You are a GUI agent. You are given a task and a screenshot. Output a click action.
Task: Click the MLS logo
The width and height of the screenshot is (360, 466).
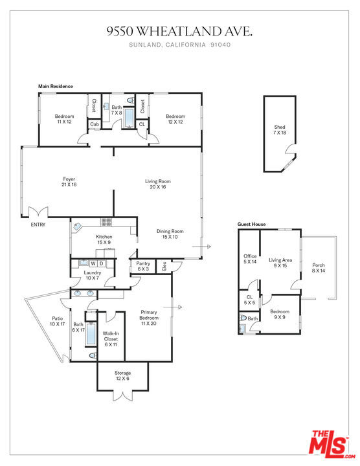tap(332, 445)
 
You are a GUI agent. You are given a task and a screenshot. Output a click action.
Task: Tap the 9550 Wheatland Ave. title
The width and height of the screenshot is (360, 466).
tap(179, 31)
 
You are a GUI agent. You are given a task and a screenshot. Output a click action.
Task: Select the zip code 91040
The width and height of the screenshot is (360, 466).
tap(220, 45)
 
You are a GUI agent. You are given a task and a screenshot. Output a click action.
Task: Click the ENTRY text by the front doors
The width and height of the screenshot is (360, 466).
tap(38, 225)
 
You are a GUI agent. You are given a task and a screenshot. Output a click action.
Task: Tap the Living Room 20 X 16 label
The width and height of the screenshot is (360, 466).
tap(158, 184)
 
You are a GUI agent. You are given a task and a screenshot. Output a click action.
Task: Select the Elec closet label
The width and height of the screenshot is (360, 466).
tap(164, 266)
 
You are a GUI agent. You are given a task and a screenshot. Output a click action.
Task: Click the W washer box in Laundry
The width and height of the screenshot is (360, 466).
tap(93, 263)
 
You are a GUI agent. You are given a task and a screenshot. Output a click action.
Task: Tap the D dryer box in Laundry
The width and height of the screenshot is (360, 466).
tap(102, 263)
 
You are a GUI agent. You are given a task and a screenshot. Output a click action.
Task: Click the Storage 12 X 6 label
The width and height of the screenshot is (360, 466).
tap(122, 375)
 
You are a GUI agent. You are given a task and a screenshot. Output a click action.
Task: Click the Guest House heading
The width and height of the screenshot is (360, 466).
tap(251, 224)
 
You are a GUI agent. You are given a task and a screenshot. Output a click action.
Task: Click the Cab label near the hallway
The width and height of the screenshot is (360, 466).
tap(95, 124)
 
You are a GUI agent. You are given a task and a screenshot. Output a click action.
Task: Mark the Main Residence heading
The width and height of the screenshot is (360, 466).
tap(56, 86)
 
